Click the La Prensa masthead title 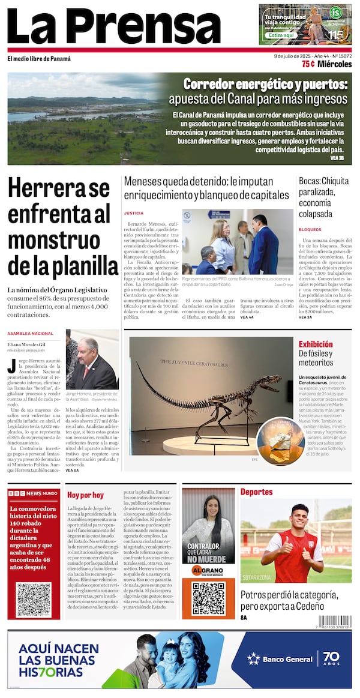[114, 26]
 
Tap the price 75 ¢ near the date [308, 64]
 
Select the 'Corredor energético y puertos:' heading [265, 83]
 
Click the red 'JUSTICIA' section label [133, 213]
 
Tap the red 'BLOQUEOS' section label [310, 230]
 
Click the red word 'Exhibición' [316, 344]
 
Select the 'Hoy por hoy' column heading [85, 495]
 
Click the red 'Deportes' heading [256, 492]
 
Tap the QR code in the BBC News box [34, 600]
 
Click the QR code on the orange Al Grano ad [208, 598]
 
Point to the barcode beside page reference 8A [335, 621]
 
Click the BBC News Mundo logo [34, 493]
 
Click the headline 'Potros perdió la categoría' [289, 595]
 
